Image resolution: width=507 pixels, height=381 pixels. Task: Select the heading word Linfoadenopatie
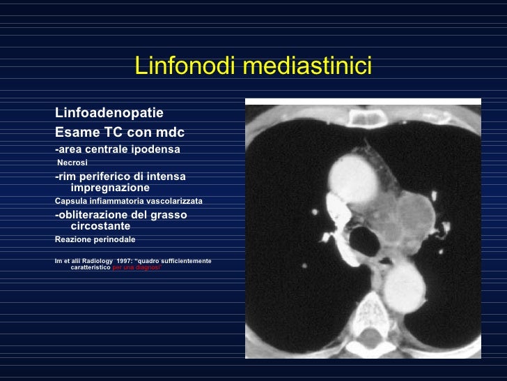point(109,113)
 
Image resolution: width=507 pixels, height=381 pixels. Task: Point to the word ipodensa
point(157,149)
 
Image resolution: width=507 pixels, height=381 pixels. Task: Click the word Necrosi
point(72,163)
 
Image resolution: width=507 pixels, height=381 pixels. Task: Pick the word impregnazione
point(110,188)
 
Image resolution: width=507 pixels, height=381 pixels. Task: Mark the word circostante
point(100,226)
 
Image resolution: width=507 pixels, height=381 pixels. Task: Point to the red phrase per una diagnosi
point(136,268)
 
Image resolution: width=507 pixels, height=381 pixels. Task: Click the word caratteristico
point(91,268)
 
